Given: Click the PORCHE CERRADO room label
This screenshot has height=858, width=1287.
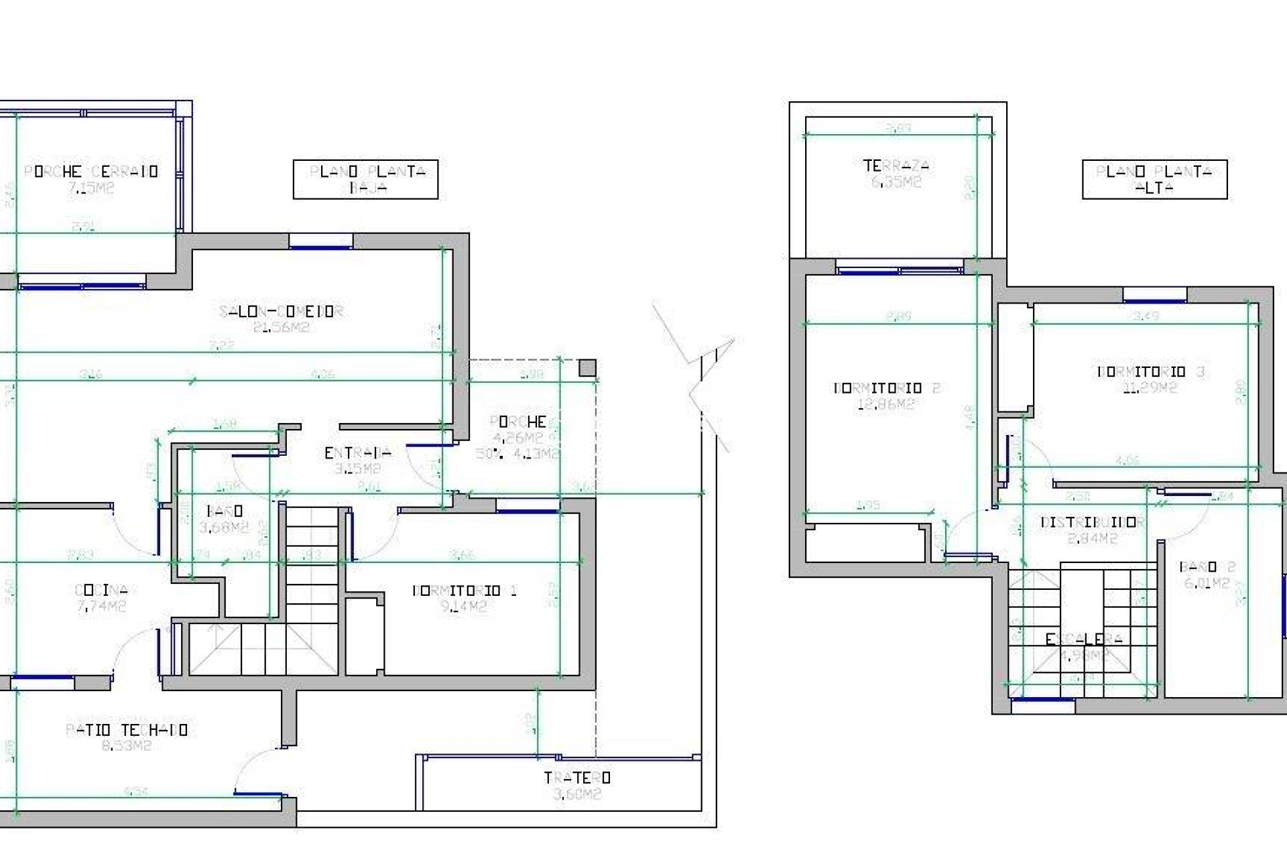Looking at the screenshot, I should coord(91,172).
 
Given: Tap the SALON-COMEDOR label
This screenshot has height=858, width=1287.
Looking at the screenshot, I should coord(282,312).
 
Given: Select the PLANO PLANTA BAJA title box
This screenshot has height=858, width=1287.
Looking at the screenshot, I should coord(365,179).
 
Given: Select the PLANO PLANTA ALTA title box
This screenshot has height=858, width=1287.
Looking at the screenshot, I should coord(1154,179).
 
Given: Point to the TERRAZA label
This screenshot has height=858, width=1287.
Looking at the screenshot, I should coord(896,166).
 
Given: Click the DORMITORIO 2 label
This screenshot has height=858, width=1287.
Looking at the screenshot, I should coord(886,388).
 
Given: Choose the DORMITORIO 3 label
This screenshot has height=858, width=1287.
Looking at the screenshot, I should coord(1150,371).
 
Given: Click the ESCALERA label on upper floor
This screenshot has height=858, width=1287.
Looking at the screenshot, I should coord(1084,639).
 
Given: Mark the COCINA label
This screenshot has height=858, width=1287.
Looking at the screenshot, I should coord(101,591).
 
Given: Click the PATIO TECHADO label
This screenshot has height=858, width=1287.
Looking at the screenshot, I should coord(127,729).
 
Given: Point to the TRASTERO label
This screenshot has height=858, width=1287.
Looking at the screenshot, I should coord(576,778).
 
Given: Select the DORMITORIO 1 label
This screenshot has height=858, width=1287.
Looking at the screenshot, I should coord(465,591).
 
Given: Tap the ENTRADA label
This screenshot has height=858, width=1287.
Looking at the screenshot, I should coord(357,453).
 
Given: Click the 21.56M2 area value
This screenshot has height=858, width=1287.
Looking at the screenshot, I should coord(282,328).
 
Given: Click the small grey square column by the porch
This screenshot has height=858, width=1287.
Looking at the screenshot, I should coord(587,368).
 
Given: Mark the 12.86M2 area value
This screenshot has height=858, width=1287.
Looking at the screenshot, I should coord(886,404).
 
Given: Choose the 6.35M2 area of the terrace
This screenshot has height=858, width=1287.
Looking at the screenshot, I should coord(896,182).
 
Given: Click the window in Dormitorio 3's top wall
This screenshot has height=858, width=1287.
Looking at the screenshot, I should coord(1154,295).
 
